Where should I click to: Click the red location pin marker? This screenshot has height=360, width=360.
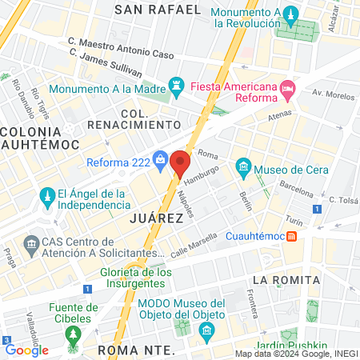coord(180,164)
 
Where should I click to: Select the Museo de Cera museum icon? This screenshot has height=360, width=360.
coord(244,167)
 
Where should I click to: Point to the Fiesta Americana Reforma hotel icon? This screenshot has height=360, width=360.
coord(288,87)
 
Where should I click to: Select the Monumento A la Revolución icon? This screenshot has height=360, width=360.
coord(290,14)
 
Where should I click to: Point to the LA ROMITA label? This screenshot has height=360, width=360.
coord(286,280)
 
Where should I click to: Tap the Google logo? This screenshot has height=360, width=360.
coord(26,350)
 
